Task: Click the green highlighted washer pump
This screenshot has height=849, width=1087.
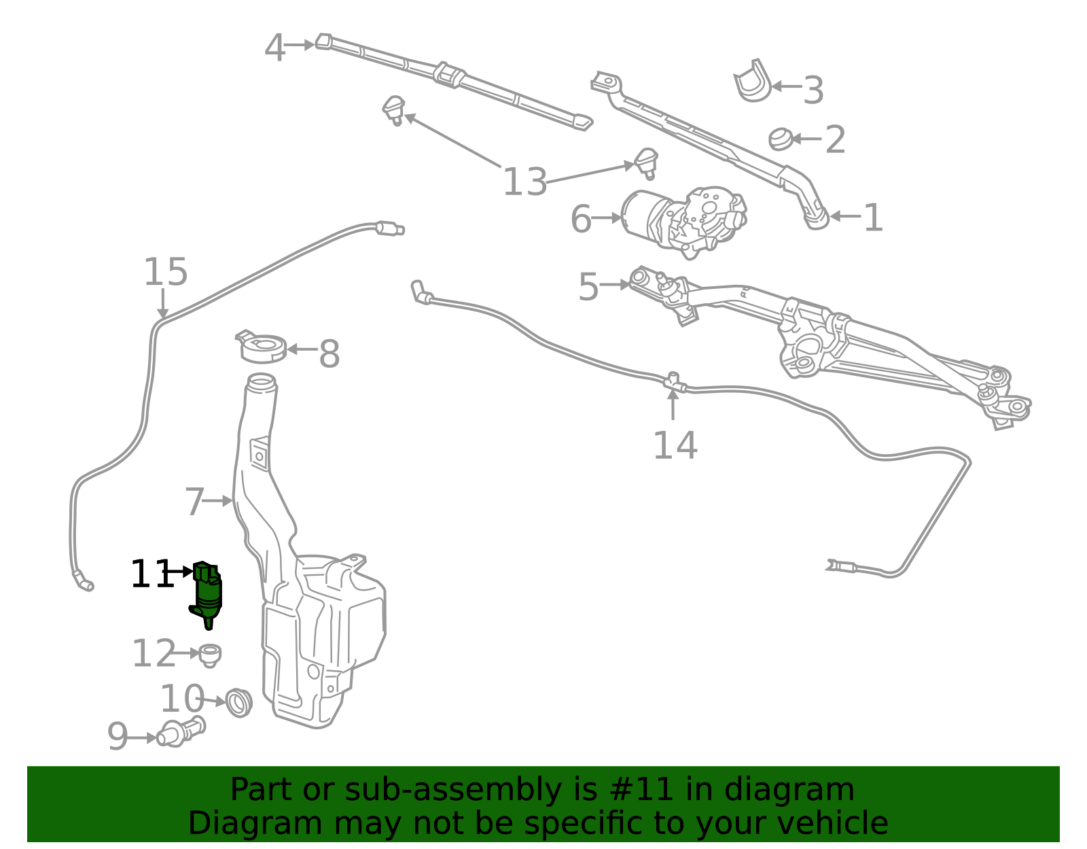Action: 207,593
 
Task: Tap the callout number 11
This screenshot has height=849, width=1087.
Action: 151,574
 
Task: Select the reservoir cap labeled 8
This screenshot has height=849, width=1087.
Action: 262,348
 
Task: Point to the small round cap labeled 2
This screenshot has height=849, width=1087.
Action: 779,139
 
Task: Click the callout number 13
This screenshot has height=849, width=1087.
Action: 524,182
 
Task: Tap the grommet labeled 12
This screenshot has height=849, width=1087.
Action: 211,654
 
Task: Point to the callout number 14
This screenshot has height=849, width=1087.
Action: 675,445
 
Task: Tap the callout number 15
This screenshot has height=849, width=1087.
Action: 165,272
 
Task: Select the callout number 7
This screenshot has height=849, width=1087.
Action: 194,502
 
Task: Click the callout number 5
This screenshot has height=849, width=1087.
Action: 588,287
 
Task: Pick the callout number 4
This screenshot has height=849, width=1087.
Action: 274,48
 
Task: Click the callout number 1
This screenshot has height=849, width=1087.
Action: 873,218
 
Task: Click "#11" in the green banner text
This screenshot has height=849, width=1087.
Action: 641,790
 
